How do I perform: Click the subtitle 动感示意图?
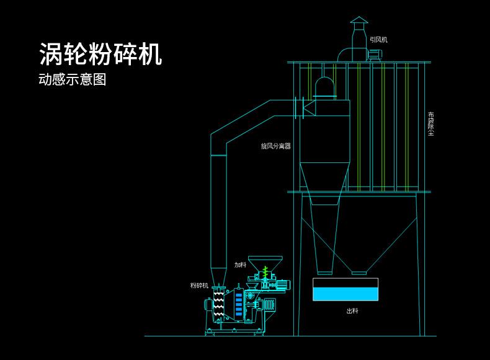[x=73, y=80]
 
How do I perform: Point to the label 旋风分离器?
[x=275, y=147]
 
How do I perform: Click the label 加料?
[x=240, y=265]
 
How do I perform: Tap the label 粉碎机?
[x=199, y=285]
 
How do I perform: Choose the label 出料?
[x=352, y=311]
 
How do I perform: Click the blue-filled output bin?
[x=345, y=291]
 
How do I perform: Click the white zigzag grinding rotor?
[x=218, y=304]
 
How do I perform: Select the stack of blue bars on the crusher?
[x=239, y=305]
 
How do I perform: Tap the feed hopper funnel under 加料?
[x=265, y=263]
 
